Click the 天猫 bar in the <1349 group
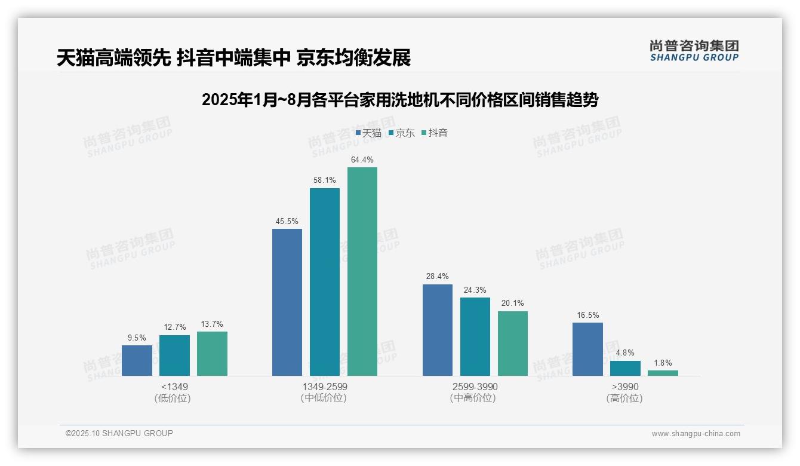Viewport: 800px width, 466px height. (137, 360)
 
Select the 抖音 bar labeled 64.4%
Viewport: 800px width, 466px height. (362, 271)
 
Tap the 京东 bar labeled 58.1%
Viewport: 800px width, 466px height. (324, 282)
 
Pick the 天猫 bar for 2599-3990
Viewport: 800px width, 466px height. (438, 330)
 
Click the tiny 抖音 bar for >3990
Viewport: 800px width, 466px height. (663, 373)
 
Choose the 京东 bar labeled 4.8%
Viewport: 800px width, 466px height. (625, 368)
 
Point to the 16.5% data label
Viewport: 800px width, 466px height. (587, 315)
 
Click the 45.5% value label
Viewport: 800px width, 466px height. (287, 221)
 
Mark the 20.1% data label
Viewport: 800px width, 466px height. (512, 303)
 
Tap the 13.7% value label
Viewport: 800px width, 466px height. (212, 324)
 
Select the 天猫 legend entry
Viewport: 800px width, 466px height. (368, 133)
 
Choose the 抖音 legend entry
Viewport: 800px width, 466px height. (435, 133)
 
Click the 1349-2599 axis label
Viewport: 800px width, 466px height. (324, 387)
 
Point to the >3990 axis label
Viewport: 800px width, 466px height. (624, 387)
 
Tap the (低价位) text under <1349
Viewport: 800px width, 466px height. (173, 398)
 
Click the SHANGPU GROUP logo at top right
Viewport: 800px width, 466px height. (694, 51)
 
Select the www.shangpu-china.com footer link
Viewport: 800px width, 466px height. (696, 434)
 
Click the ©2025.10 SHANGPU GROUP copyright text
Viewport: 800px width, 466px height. (119, 433)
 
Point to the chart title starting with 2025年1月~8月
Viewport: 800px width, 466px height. (399, 100)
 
